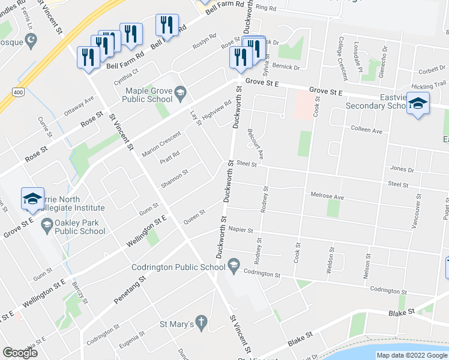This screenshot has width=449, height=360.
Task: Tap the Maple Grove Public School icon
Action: coord(180,92)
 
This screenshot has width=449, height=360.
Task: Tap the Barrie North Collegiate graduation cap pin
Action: coord(32,199)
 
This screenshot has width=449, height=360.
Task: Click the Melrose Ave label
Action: coord(327,195)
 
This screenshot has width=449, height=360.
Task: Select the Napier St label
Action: coord(241,229)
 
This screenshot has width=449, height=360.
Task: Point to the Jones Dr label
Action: coord(402,169)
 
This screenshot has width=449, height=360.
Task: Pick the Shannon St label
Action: coord(174,178)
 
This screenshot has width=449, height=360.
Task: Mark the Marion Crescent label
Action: coord(161,145)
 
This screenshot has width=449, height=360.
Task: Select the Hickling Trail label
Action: coord(429,86)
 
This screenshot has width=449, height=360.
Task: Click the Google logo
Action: coord(20,353)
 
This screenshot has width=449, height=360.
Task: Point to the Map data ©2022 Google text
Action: coord(411,355)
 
